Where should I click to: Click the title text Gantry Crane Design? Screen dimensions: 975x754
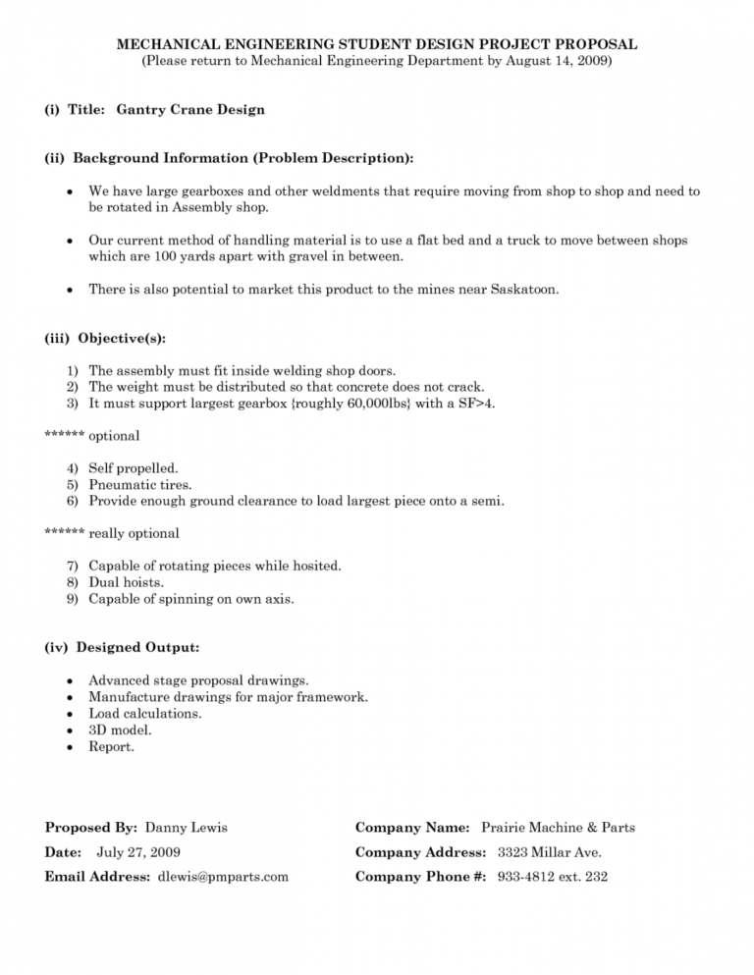(x=190, y=110)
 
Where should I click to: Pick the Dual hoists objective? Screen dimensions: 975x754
(x=127, y=582)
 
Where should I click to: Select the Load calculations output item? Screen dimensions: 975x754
(x=145, y=714)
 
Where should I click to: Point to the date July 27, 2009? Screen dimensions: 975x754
(x=138, y=852)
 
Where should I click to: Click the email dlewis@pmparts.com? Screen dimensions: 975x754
(x=223, y=877)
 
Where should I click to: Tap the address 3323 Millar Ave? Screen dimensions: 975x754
(x=550, y=852)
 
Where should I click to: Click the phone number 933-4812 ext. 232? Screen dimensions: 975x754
(x=551, y=877)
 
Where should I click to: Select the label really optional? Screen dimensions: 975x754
(x=134, y=534)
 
